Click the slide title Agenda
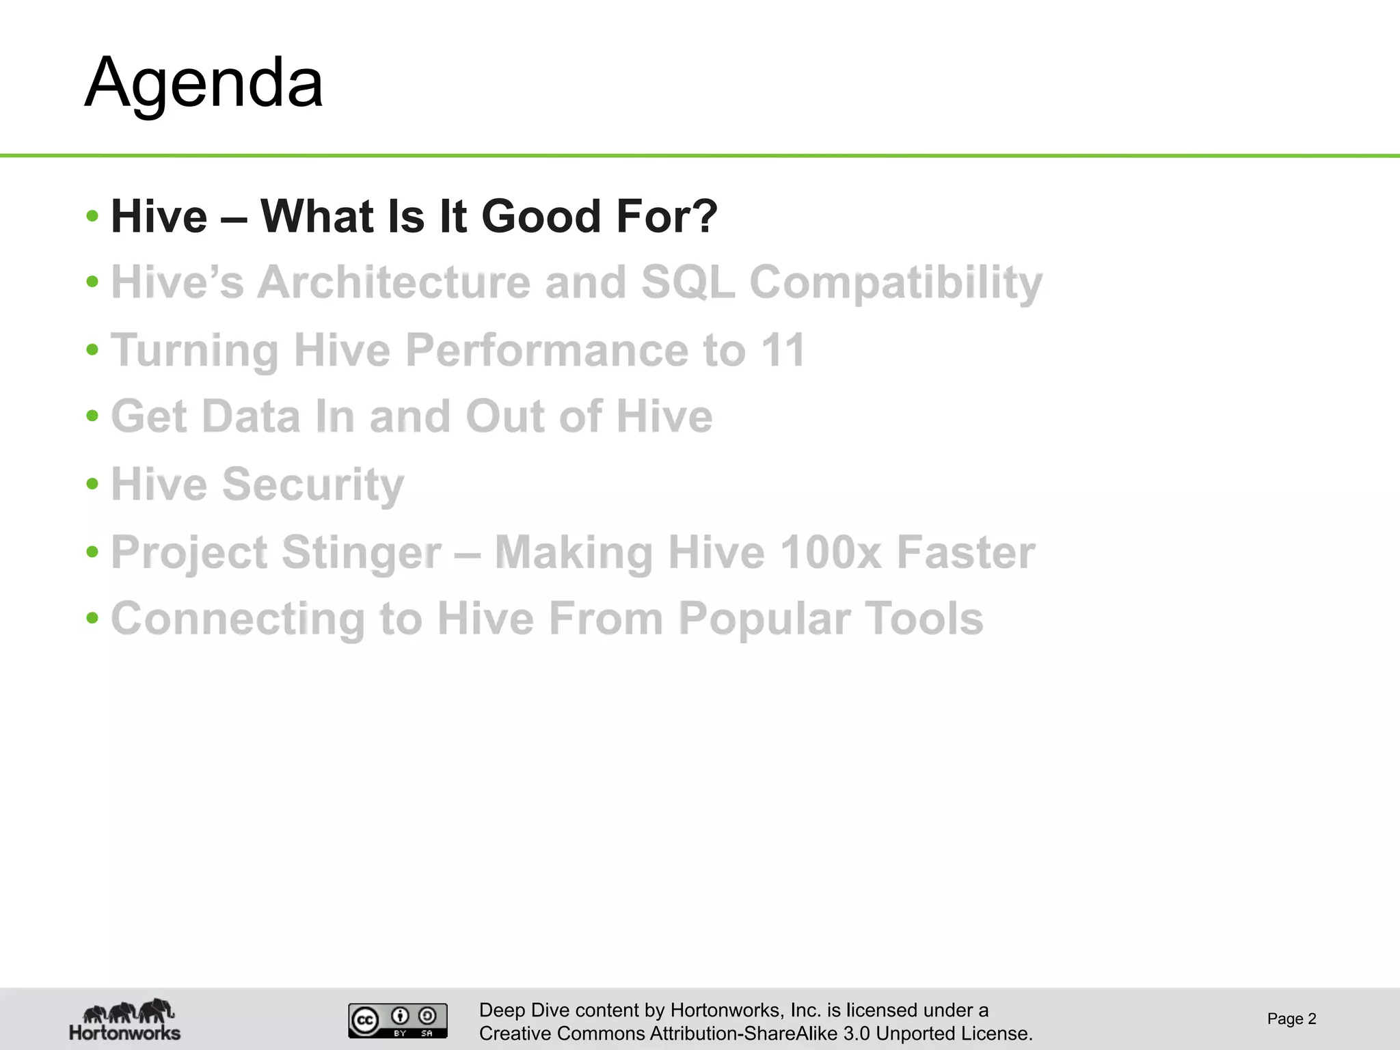pos(204,83)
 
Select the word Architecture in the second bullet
pos(394,282)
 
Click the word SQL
pos(688,282)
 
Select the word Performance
pos(547,350)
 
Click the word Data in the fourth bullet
pos(251,416)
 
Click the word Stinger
pos(361,553)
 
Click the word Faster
pos(966,552)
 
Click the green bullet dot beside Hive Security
pos(93,484)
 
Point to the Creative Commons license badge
pos(398,1021)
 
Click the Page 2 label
pos(1291,1019)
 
